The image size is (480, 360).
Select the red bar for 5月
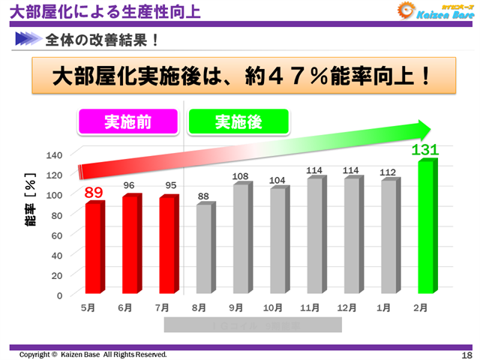[x=93, y=247]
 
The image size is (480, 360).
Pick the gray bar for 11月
[x=314, y=235]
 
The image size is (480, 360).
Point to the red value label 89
[x=94, y=193]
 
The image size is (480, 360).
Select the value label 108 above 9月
[x=240, y=177]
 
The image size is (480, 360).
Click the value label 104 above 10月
[x=277, y=181]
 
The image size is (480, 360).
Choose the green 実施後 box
[x=238, y=121]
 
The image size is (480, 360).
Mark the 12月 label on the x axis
[x=346, y=308]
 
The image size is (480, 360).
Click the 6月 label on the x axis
[x=124, y=308]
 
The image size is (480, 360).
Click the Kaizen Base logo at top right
[x=434, y=12]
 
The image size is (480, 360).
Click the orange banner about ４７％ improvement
[x=239, y=76]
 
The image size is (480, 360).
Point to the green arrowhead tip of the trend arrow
[x=430, y=129]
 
